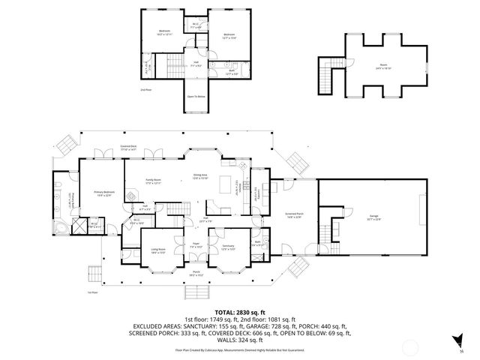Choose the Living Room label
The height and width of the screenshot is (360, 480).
coord(158,251)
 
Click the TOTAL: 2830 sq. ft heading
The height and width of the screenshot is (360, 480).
coord(240,311)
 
